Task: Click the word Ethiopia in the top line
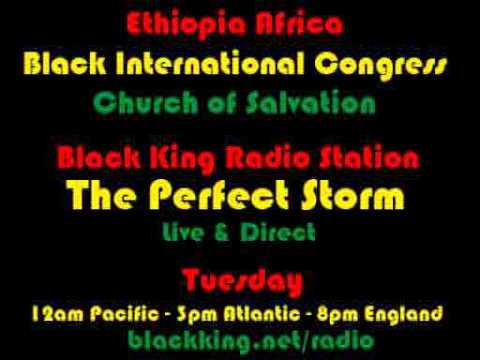pos(185,23)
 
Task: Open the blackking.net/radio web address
pos(239,341)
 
